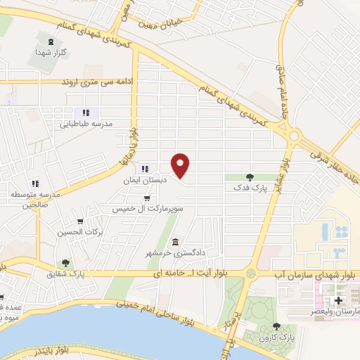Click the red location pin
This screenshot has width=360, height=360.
tap(181, 165)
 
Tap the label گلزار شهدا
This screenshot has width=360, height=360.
tap(53, 53)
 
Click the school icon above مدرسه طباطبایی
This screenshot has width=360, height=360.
tap(86, 112)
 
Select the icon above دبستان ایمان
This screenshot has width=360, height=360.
tap(145, 168)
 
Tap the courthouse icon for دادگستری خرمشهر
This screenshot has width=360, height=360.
tap(174, 243)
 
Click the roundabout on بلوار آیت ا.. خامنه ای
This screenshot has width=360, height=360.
tap(251, 273)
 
